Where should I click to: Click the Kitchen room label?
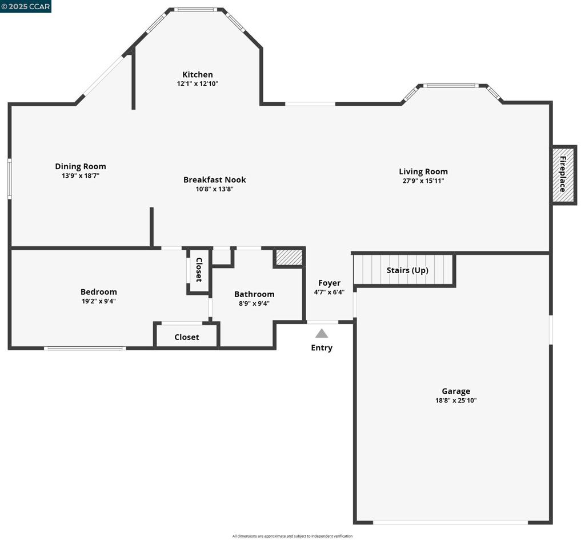[x=198, y=74]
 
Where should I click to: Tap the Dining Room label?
[x=81, y=166]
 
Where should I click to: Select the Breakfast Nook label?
[x=214, y=179]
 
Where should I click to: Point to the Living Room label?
[x=423, y=171]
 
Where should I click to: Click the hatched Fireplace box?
[x=563, y=175]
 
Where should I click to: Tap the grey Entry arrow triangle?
[x=322, y=333]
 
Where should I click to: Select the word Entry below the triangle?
[x=322, y=347]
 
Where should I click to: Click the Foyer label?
[x=329, y=283]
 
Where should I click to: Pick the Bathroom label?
[x=254, y=294]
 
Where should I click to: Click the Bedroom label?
[x=99, y=291]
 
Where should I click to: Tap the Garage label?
[x=456, y=391]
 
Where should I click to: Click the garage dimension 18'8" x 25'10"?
[x=456, y=401]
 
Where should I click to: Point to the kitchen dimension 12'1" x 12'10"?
[x=198, y=83]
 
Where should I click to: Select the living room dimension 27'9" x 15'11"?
[x=423, y=181]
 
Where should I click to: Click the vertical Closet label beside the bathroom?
[x=199, y=270]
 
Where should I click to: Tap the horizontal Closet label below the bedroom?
[x=187, y=337]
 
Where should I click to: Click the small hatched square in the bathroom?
[x=289, y=257]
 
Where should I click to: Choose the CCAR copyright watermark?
[x=26, y=7]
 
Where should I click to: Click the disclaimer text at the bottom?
[x=292, y=536]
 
